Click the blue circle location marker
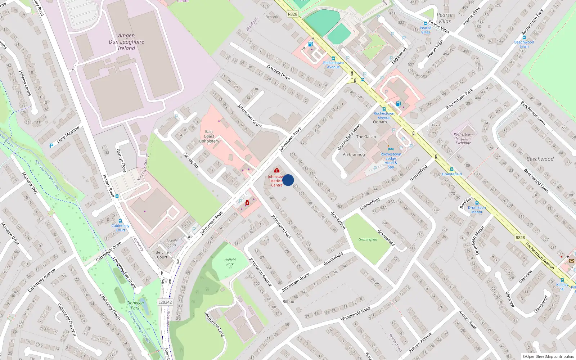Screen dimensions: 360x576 click(x=288, y=180)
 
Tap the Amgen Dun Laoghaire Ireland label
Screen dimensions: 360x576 click(x=126, y=42)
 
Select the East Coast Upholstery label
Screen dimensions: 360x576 click(x=209, y=136)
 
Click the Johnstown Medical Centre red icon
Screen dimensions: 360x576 click(x=276, y=170)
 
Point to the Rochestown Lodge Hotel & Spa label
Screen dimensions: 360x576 click(x=391, y=160)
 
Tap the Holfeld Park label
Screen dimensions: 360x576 click(x=230, y=262)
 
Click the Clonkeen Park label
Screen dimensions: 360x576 click(x=135, y=305)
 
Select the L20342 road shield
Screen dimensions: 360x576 click(x=165, y=302)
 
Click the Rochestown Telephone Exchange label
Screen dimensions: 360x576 click(x=463, y=139)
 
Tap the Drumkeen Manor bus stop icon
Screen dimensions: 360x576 click(x=477, y=203)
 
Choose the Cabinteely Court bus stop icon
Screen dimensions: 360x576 click(x=120, y=221)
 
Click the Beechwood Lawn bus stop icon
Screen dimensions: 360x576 click(x=524, y=37)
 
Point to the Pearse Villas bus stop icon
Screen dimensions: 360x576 click(x=426, y=23)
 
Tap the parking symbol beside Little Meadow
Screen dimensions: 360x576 click(x=51, y=145)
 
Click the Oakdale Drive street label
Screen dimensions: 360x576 click(x=278, y=72)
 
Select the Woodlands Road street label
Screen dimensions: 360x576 click(x=355, y=314)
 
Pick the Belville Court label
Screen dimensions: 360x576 click(x=162, y=255)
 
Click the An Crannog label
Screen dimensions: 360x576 click(x=354, y=154)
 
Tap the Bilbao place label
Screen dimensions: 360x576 click(x=288, y=302)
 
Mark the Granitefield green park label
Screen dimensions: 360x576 click(x=368, y=239)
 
